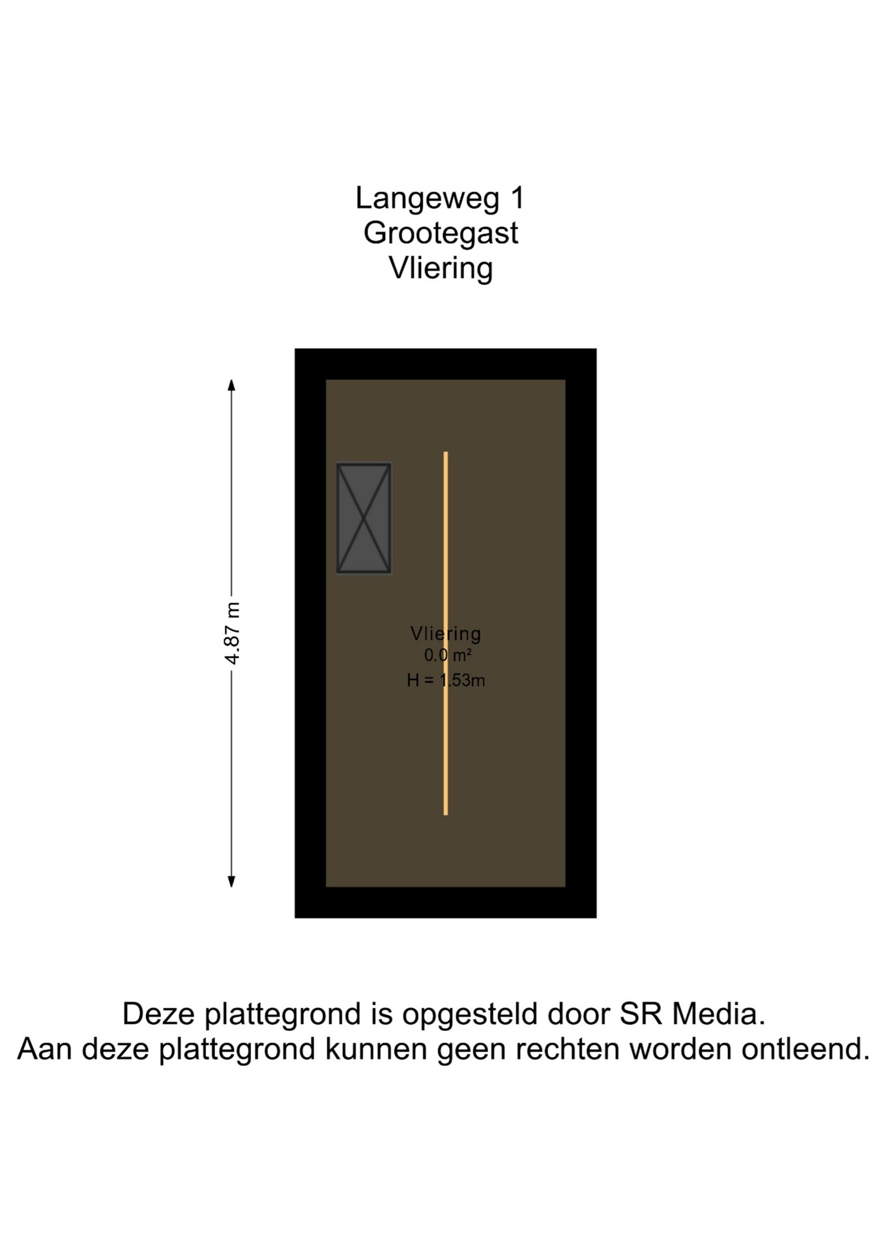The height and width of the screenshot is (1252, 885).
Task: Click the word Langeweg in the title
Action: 427,199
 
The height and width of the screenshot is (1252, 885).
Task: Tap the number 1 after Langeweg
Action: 517,197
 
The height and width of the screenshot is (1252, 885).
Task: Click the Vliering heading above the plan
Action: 441,269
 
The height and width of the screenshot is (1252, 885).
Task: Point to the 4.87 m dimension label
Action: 232,633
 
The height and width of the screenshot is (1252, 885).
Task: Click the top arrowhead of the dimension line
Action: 231,385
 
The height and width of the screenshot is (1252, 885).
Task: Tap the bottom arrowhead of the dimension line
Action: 231,881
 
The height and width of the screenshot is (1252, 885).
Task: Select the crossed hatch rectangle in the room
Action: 364,518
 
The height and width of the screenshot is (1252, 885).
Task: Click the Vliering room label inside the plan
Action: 446,633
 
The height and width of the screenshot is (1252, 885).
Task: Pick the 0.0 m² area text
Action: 448,655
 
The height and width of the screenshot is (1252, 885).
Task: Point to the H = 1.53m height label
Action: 446,680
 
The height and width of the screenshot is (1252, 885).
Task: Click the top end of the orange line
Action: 446,453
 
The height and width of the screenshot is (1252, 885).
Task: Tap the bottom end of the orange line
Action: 446,814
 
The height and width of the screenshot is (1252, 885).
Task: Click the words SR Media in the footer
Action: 691,1014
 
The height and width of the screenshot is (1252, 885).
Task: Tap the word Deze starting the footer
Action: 159,1014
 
